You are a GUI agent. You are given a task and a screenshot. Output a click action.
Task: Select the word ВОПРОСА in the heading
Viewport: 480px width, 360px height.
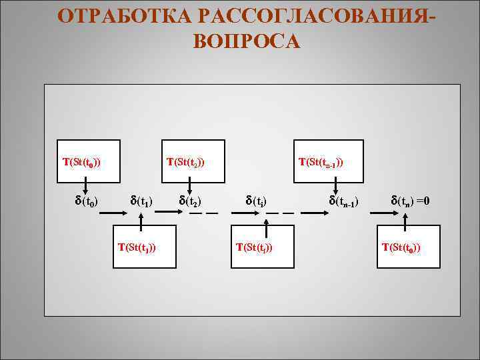247,41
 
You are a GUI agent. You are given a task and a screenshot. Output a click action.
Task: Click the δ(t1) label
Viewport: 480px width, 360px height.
141,200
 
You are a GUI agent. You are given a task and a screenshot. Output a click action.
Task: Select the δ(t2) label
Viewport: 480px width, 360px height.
191,200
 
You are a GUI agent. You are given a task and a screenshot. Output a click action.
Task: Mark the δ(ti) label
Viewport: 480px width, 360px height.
257,200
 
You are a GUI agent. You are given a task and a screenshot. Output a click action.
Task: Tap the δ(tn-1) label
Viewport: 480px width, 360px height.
344,200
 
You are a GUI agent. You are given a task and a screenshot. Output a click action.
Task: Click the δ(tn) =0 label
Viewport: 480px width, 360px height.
411,200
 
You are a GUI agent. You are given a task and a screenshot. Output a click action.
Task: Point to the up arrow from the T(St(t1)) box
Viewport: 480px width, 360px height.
142,219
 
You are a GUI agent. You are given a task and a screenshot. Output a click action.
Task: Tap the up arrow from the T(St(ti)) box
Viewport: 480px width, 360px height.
267,219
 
